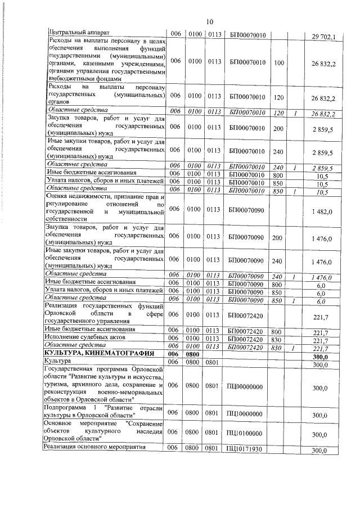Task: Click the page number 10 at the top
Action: tap(209, 21)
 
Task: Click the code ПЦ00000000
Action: tap(247, 388)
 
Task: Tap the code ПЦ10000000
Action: tap(247, 415)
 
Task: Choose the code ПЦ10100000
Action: tap(247, 434)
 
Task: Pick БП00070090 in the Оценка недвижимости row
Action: tap(247, 209)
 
